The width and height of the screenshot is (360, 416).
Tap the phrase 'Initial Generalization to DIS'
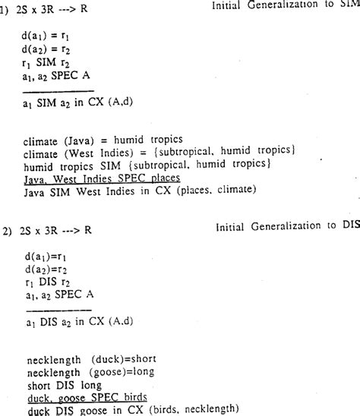point(286,226)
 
